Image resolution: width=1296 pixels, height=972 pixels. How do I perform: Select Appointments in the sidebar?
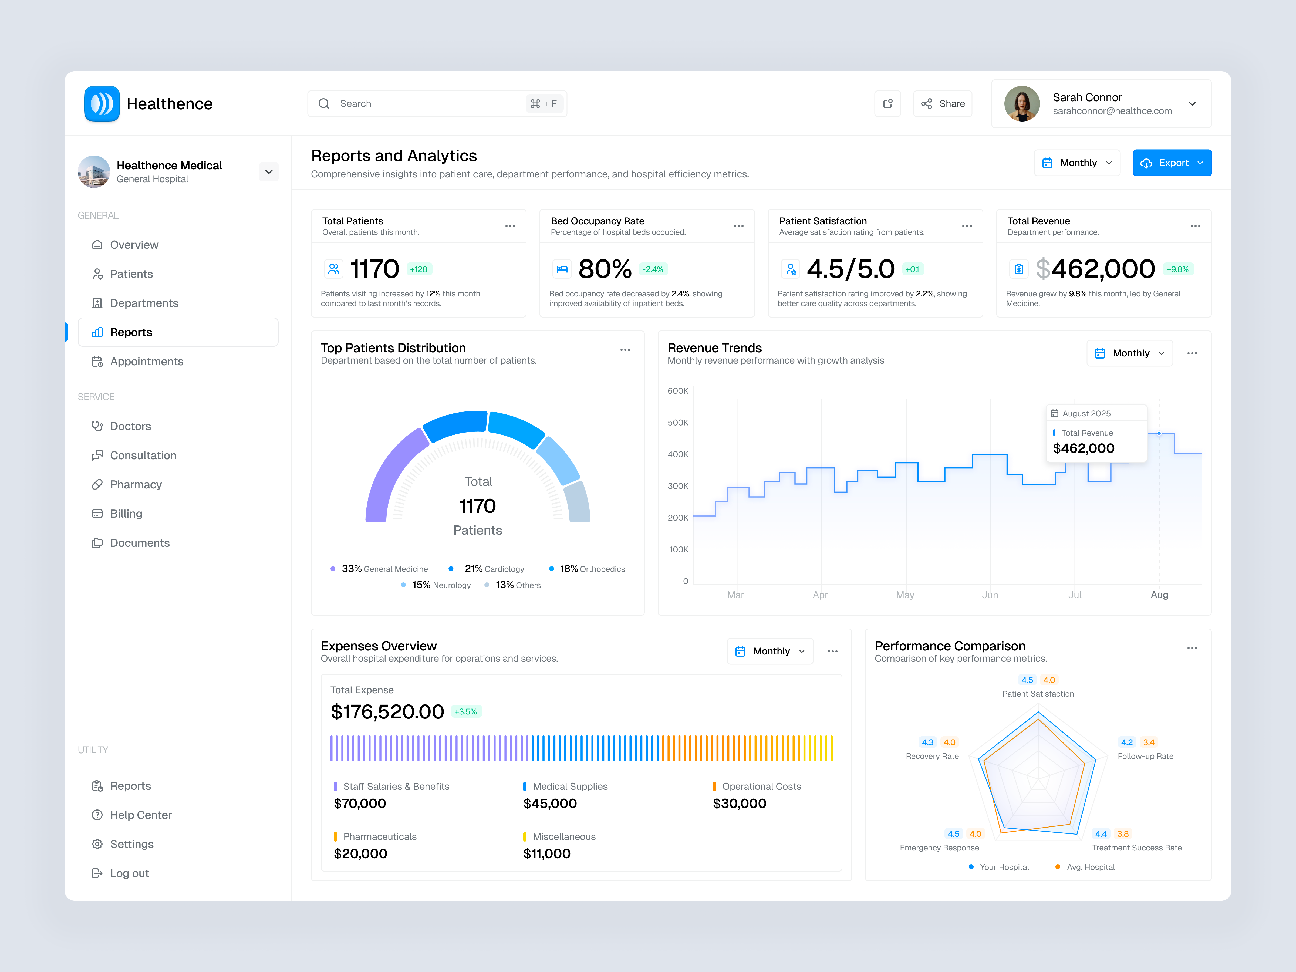click(146, 362)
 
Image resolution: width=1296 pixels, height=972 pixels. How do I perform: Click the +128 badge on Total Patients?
click(418, 269)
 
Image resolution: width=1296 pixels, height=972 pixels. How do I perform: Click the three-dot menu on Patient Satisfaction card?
click(967, 226)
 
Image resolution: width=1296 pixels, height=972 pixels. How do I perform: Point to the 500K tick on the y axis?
click(678, 423)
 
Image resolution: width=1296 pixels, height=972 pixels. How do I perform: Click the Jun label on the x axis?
click(990, 595)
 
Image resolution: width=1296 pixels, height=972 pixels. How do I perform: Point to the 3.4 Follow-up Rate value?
click(1148, 742)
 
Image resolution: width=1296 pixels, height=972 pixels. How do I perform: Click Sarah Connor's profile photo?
click(1022, 104)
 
